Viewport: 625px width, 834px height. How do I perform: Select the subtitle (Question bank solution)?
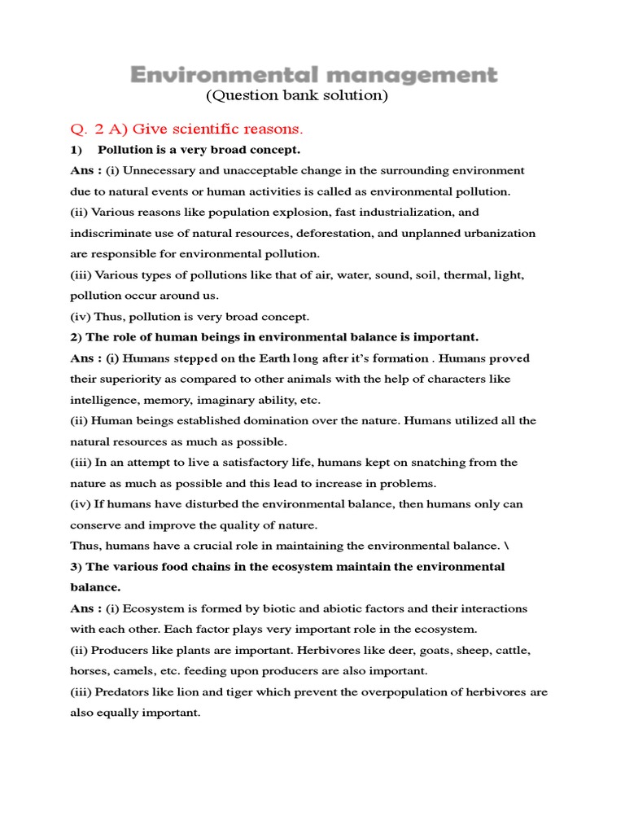coord(297,96)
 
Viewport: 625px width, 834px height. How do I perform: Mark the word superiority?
coord(130,380)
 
